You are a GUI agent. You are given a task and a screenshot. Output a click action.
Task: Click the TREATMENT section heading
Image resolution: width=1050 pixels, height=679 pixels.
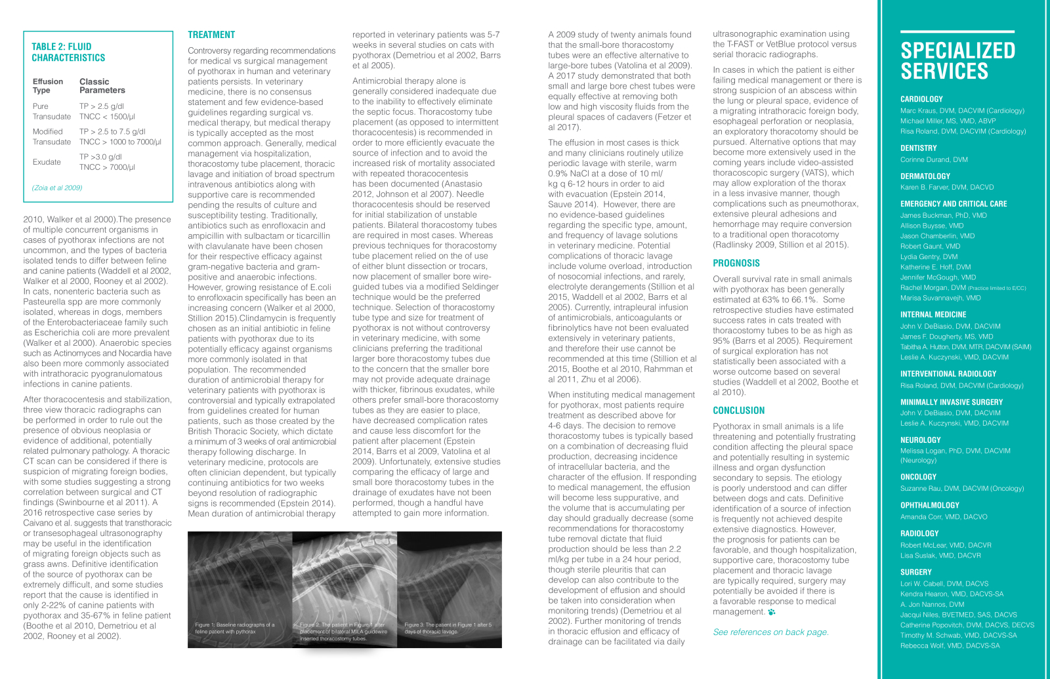[211, 35]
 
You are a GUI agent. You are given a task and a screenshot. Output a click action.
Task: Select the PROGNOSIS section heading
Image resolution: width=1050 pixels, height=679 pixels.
[736, 263]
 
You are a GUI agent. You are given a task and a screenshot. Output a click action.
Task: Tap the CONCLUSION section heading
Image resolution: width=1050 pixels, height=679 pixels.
[739, 411]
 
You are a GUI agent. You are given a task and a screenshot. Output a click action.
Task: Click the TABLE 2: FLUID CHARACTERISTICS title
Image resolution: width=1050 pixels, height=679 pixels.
[68, 52]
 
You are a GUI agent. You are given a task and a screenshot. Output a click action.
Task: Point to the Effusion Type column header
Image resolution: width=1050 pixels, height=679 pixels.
[48, 86]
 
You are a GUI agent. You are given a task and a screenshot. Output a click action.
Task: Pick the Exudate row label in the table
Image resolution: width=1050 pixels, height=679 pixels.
[47, 162]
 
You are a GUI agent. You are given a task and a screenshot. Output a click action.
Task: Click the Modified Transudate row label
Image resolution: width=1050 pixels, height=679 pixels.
[52, 136]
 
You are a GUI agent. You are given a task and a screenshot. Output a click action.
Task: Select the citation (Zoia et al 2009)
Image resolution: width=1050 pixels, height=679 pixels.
[57, 188]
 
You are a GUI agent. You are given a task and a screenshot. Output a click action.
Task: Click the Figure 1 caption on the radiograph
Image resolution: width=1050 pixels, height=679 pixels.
[235, 628]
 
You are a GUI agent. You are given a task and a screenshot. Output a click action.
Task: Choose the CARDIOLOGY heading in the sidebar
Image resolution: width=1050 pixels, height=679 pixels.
[921, 99]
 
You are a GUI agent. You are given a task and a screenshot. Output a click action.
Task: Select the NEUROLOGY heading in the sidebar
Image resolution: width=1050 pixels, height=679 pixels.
[920, 440]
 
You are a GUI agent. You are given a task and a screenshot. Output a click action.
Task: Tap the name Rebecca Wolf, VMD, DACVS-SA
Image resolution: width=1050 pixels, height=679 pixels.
[950, 646]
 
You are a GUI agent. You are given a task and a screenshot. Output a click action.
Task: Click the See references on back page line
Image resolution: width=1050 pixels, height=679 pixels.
[770, 632]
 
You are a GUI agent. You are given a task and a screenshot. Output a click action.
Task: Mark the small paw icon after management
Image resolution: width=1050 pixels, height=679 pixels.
[772, 612]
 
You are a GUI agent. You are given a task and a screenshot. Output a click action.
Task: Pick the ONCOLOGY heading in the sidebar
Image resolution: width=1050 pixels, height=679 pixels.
[918, 477]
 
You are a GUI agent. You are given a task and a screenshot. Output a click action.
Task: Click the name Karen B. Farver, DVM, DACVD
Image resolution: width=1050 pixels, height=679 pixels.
[947, 187]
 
